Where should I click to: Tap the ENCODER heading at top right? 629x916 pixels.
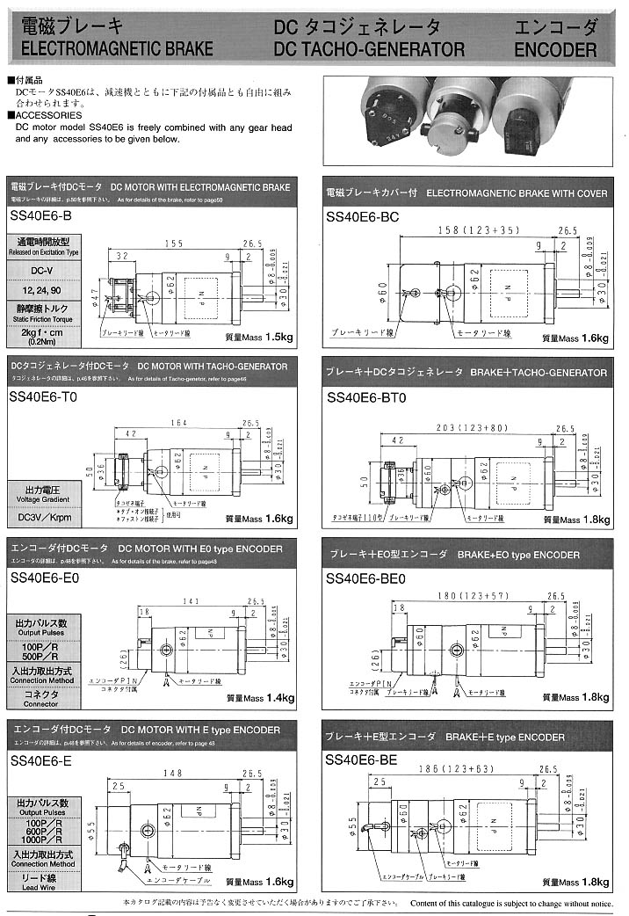click(x=555, y=49)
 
